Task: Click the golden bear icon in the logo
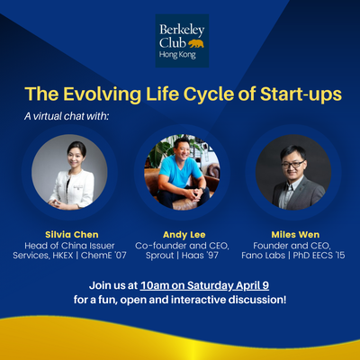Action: (196, 43)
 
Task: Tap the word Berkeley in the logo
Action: (182, 30)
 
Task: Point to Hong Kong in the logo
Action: (177, 55)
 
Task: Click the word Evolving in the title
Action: (102, 94)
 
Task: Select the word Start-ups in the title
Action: (301, 94)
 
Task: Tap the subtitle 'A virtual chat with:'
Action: (66, 116)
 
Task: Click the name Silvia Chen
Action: (72, 235)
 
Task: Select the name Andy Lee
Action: (184, 235)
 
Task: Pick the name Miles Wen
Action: (295, 235)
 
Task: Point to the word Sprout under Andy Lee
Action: (156, 256)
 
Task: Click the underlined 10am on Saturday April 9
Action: (204, 285)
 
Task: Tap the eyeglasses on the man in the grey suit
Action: (292, 164)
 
